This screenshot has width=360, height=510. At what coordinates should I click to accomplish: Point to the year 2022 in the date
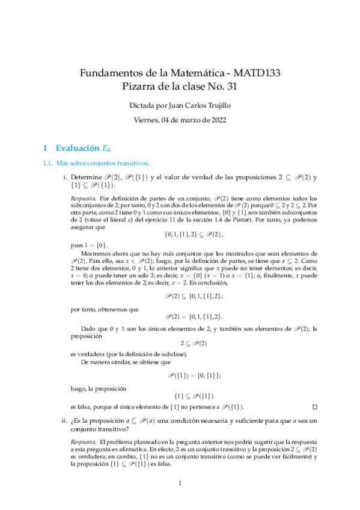(217, 120)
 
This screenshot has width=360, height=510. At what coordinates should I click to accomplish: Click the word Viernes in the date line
(147, 120)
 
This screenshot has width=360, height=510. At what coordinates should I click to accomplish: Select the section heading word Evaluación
(79, 147)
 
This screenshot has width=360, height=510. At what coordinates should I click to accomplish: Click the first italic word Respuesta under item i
(84, 197)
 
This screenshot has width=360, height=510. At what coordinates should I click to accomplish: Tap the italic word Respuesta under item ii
(84, 443)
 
